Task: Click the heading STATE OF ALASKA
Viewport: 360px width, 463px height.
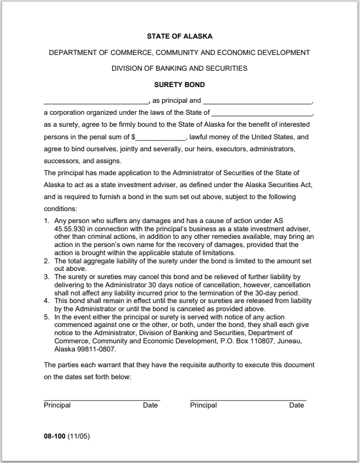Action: click(x=179, y=37)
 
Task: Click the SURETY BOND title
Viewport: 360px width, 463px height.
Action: click(x=179, y=84)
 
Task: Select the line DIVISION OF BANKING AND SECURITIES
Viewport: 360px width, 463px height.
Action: click(x=179, y=69)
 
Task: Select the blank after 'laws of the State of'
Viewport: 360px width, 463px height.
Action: click(x=262, y=114)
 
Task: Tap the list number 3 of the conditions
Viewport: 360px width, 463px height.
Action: click(x=47, y=277)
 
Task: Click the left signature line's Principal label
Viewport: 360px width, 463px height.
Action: click(x=57, y=405)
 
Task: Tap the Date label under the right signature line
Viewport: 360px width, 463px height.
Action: click(x=296, y=405)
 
